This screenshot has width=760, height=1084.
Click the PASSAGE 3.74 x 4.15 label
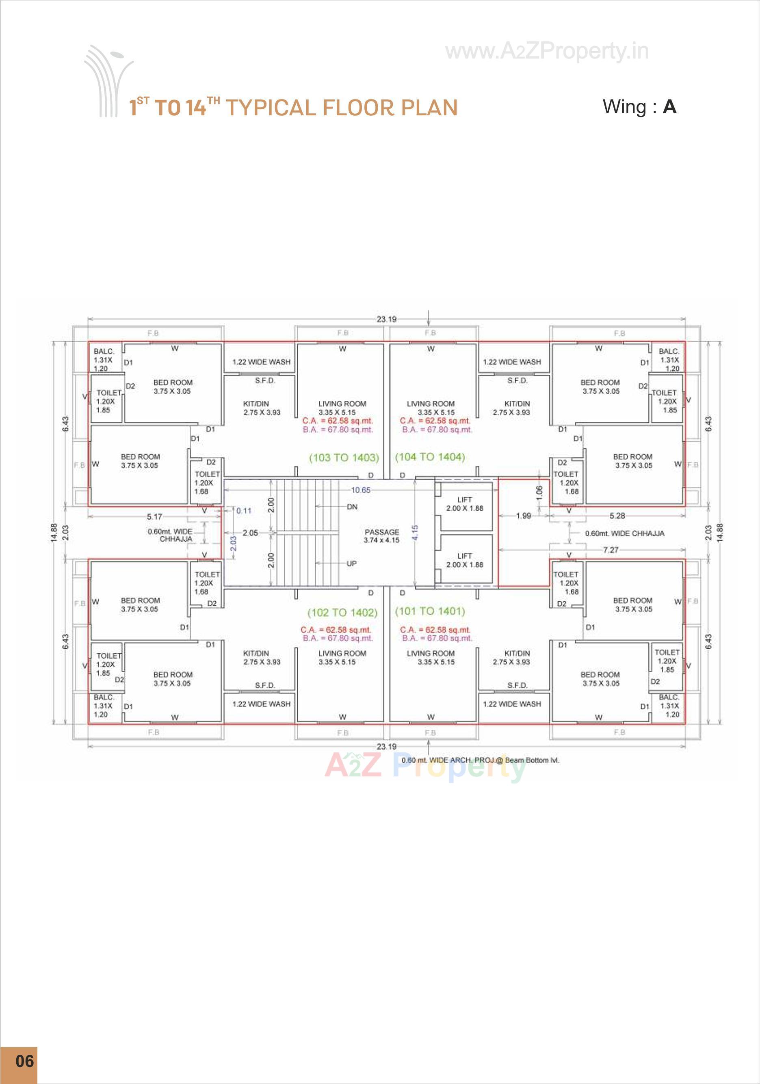382,536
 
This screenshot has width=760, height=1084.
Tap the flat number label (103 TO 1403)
344,458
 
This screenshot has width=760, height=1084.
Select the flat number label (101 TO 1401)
430,611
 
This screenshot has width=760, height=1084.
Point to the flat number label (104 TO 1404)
430,457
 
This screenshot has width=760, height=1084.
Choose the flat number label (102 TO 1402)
342,613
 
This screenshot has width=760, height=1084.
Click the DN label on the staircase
352,507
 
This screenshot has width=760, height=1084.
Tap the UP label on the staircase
351,564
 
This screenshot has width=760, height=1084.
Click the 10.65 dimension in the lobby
360,490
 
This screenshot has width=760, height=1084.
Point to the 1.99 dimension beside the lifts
523,516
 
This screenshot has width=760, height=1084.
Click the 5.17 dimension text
154,516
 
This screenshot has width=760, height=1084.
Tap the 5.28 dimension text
617,516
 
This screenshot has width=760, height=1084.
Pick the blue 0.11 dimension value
244,511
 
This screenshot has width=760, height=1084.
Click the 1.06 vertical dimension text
539,492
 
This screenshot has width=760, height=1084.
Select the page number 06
24,1061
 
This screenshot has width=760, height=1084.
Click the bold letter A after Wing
669,107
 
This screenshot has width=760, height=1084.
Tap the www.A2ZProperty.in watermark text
547,52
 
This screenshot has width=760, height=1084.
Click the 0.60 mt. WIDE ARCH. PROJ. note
480,760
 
